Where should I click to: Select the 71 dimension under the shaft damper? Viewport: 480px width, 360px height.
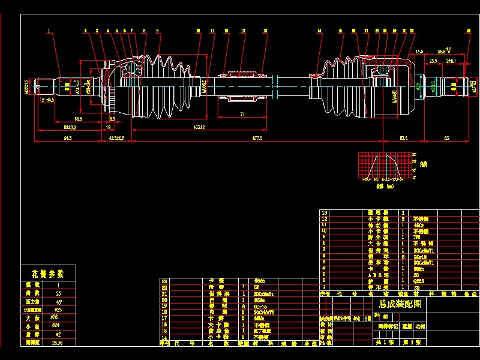242,113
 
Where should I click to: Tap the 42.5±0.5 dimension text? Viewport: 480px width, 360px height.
116,138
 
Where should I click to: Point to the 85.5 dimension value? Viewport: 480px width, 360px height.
79,119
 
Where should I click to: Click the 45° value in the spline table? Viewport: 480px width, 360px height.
58,302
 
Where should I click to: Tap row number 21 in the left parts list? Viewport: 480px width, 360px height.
165,294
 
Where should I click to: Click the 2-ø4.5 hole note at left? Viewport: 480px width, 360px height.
48,100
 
